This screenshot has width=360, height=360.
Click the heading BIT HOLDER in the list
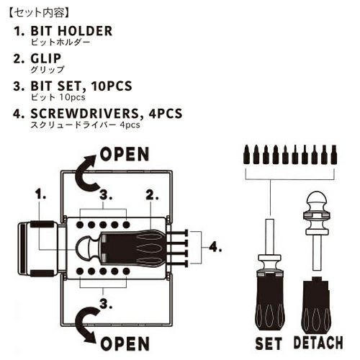click(x=71, y=31)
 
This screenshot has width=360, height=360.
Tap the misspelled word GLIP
click(x=46, y=58)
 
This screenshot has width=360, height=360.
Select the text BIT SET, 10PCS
click(x=81, y=86)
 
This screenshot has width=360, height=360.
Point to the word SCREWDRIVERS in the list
click(x=84, y=114)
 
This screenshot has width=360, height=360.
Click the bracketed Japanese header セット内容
click(x=39, y=13)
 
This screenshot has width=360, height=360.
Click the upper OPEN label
click(x=125, y=154)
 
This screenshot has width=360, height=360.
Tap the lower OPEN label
click(x=125, y=343)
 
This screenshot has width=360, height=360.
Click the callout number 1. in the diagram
click(x=40, y=194)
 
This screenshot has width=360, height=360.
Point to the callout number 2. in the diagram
click(x=152, y=194)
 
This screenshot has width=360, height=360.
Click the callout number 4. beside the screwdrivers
click(x=215, y=246)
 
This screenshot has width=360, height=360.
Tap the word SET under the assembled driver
click(x=269, y=343)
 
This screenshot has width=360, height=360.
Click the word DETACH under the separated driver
click(x=318, y=342)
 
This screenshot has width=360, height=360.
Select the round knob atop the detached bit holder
click(x=317, y=199)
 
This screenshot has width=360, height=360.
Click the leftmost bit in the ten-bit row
click(x=246, y=155)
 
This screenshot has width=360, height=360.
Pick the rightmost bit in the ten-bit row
click(x=333, y=155)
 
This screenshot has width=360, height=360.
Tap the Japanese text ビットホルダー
click(x=60, y=42)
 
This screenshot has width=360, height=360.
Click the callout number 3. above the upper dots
click(x=106, y=195)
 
